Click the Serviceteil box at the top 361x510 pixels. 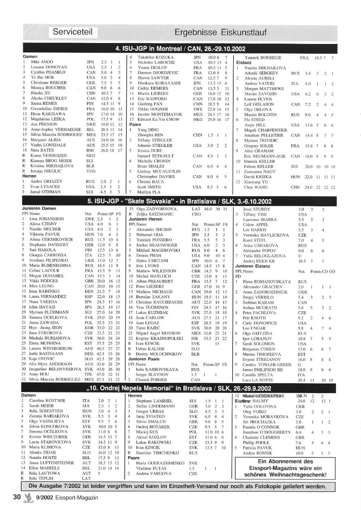pos(73,32)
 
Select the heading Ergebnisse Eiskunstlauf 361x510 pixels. pos(220,33)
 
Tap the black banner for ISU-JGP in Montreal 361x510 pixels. pos(180,49)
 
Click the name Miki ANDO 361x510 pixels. pos(42,62)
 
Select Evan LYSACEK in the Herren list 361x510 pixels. pos(45,187)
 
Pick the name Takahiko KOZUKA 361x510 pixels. pos(156,57)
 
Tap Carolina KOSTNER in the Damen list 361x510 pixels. pos(47,401)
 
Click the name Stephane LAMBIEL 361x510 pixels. pos(154,401)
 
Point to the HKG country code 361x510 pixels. pos(197,120)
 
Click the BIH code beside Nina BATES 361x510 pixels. pos(90,150)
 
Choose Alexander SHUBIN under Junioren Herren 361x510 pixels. pos(154,229)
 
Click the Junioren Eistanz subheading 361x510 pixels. pos(252,266)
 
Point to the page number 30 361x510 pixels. pos(17,497)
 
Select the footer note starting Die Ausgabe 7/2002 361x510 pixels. pos(177,486)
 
